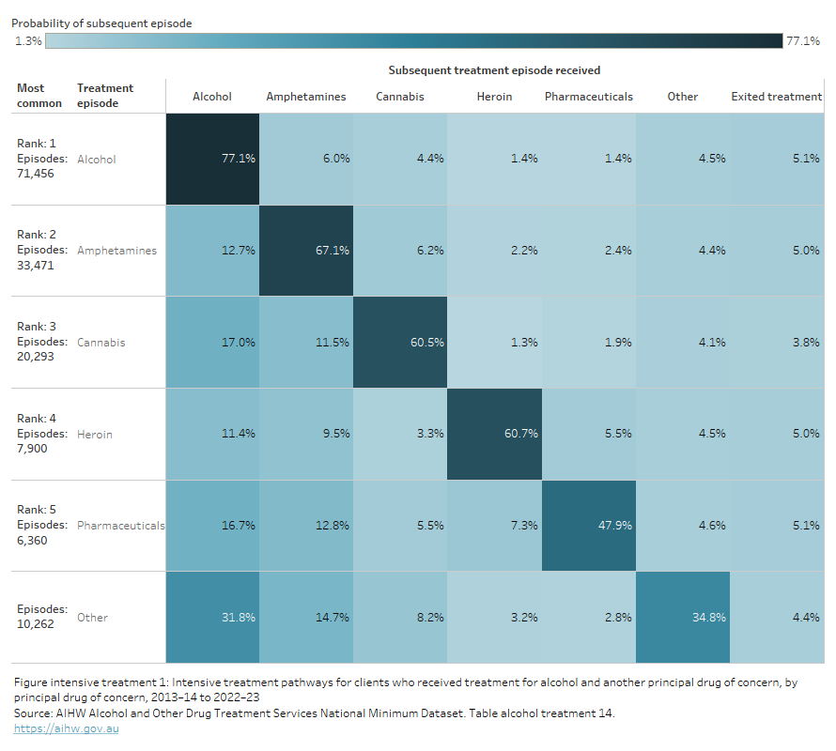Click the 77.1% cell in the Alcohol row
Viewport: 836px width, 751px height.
pos(213,159)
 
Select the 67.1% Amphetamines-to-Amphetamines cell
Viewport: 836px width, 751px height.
pos(306,251)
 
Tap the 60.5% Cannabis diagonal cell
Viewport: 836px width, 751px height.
pos(400,343)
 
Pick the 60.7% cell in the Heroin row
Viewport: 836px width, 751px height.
pos(494,434)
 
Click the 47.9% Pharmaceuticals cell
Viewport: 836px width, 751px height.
pos(588,526)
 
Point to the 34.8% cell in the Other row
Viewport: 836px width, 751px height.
pos(682,617)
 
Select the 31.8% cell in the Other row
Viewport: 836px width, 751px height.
pos(213,617)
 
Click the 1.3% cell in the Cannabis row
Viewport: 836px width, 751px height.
pos(494,343)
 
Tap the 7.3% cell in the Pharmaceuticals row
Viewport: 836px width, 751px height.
pos(494,526)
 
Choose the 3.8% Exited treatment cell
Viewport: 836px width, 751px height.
pos(776,343)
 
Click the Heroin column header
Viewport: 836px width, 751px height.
pos(494,97)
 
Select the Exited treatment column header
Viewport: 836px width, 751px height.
pos(776,97)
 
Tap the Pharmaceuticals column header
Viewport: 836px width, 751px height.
pos(588,97)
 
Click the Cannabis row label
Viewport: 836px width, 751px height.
pos(101,343)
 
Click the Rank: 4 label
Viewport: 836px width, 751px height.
pos(37,418)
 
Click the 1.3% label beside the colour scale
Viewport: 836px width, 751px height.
pos(28,41)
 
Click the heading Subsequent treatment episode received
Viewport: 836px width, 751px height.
pos(494,70)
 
